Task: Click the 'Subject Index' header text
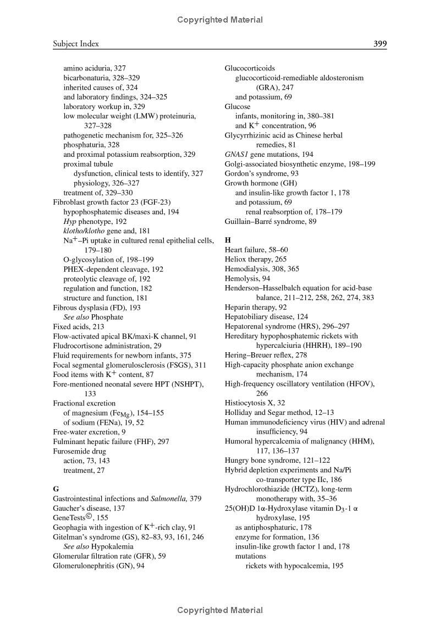point(76,43)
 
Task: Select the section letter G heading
point(56,489)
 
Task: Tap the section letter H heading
point(228,240)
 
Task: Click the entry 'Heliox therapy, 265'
point(256,259)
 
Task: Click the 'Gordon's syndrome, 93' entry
point(261,173)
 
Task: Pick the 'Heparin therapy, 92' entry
point(256,307)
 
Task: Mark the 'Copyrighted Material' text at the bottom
point(220,610)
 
